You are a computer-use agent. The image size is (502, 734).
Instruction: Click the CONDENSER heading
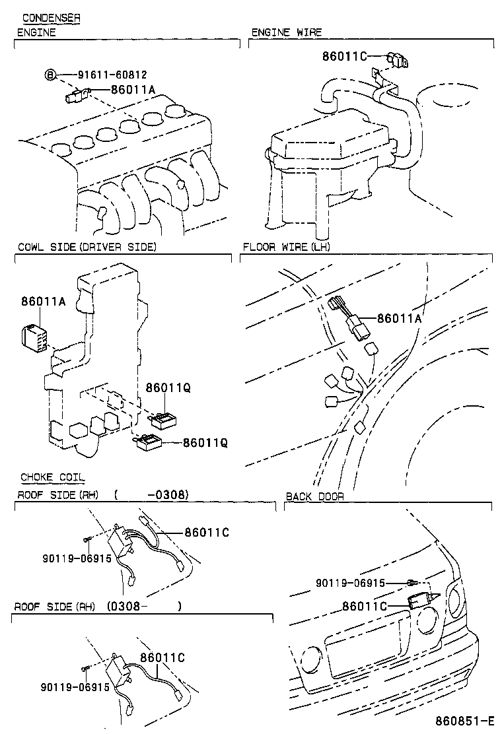(52, 18)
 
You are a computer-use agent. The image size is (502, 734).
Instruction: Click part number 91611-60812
(112, 75)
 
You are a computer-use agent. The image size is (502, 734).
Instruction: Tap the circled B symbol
(51, 75)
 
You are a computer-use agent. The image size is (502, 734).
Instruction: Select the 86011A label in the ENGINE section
(133, 89)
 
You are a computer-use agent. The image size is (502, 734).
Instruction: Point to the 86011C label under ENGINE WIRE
(344, 56)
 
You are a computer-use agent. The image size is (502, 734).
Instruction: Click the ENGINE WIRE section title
(287, 32)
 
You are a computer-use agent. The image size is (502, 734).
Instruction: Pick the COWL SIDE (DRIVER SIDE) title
(87, 247)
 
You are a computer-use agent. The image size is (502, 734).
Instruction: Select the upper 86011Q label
(168, 387)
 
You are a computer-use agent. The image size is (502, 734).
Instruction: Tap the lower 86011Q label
(205, 442)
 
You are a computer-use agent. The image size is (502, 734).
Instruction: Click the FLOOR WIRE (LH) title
(286, 247)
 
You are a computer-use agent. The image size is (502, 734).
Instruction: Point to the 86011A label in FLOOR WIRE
(400, 318)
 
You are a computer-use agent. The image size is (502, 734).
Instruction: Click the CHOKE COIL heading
(52, 477)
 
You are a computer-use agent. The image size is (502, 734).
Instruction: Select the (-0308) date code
(151, 495)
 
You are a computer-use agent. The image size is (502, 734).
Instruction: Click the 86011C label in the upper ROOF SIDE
(207, 532)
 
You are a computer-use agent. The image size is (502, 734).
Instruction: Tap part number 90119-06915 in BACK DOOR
(350, 583)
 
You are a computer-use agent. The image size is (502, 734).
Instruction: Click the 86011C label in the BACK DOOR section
(365, 606)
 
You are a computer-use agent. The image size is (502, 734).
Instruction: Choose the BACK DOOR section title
(314, 496)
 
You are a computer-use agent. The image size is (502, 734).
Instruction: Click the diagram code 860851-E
(464, 720)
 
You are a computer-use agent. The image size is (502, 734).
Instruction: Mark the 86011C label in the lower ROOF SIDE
(162, 657)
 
